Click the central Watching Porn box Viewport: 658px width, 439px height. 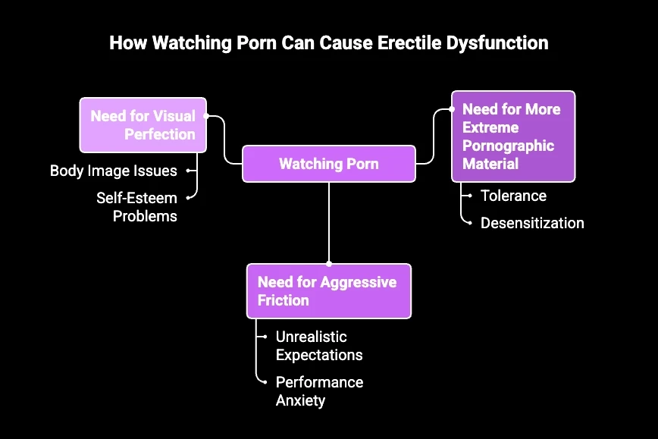[x=329, y=164]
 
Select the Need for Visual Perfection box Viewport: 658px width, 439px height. [x=143, y=125]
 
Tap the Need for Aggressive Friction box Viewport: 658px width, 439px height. [x=328, y=291]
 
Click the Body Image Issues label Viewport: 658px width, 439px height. [x=114, y=171]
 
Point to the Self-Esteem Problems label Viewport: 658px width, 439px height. [x=136, y=207]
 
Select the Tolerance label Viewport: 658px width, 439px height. [x=513, y=196]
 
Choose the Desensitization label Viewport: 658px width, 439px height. [x=532, y=223]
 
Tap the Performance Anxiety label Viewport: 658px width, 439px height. [x=319, y=390]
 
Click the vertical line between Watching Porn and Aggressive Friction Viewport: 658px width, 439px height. [x=329, y=224]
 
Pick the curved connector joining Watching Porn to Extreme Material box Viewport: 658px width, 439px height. [x=433, y=136]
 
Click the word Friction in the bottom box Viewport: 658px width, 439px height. [x=284, y=300]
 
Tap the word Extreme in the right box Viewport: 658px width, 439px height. [x=490, y=127]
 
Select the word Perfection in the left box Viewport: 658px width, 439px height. [x=161, y=134]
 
